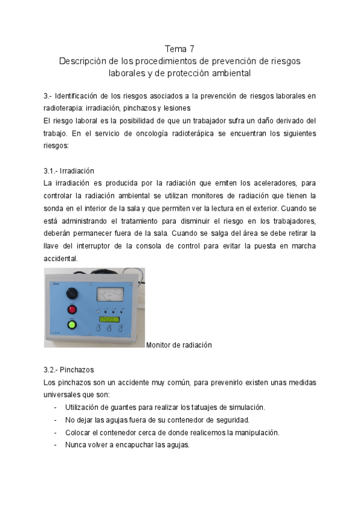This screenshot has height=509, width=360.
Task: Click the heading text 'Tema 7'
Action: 179,49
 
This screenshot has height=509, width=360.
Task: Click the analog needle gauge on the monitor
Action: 110,294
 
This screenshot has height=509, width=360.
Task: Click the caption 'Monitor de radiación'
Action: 179,345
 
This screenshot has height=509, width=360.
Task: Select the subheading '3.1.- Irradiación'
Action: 69,171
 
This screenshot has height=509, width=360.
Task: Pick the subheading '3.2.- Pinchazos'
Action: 68,370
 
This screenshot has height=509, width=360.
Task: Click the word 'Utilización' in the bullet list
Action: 82,407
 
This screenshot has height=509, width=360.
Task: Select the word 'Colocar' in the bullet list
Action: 79,432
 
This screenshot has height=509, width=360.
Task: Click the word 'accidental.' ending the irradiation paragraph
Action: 61,259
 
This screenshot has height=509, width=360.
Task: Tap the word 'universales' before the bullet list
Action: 64,394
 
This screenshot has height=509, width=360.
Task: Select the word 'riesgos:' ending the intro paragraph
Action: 56,145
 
